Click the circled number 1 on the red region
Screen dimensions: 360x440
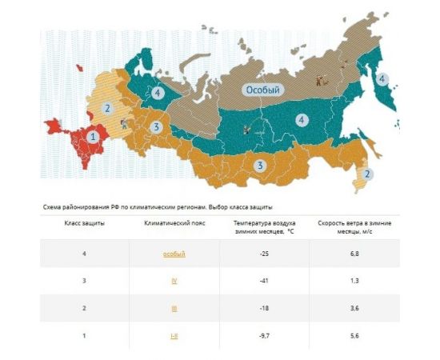94,137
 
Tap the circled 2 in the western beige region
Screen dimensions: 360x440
106,108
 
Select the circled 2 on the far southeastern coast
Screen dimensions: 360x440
366,174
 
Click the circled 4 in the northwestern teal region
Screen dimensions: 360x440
158,93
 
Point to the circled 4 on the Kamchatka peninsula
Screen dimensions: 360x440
382,78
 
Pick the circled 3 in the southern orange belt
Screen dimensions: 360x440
259,166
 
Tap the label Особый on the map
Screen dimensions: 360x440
263,90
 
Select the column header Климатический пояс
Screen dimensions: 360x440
174,222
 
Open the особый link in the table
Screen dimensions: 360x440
174,254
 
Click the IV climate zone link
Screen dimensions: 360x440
174,281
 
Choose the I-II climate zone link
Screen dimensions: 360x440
174,336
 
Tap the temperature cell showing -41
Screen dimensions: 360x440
263,281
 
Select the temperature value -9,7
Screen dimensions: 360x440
263,336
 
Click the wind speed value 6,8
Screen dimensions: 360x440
354,254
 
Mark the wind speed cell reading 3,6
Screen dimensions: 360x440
354,308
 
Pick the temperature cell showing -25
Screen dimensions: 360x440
263,254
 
